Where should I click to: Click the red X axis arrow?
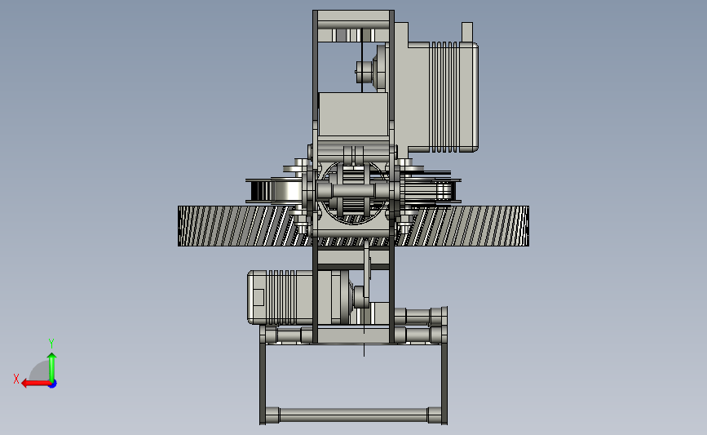(x=36, y=384)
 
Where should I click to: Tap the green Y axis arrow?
(x=52, y=367)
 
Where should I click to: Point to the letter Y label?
(x=51, y=344)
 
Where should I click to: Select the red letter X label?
(x=16, y=379)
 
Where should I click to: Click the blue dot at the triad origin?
(x=53, y=384)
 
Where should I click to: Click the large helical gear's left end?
(x=179, y=226)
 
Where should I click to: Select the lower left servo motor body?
(x=281, y=297)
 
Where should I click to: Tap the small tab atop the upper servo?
(x=467, y=32)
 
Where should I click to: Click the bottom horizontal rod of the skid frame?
(x=353, y=415)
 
